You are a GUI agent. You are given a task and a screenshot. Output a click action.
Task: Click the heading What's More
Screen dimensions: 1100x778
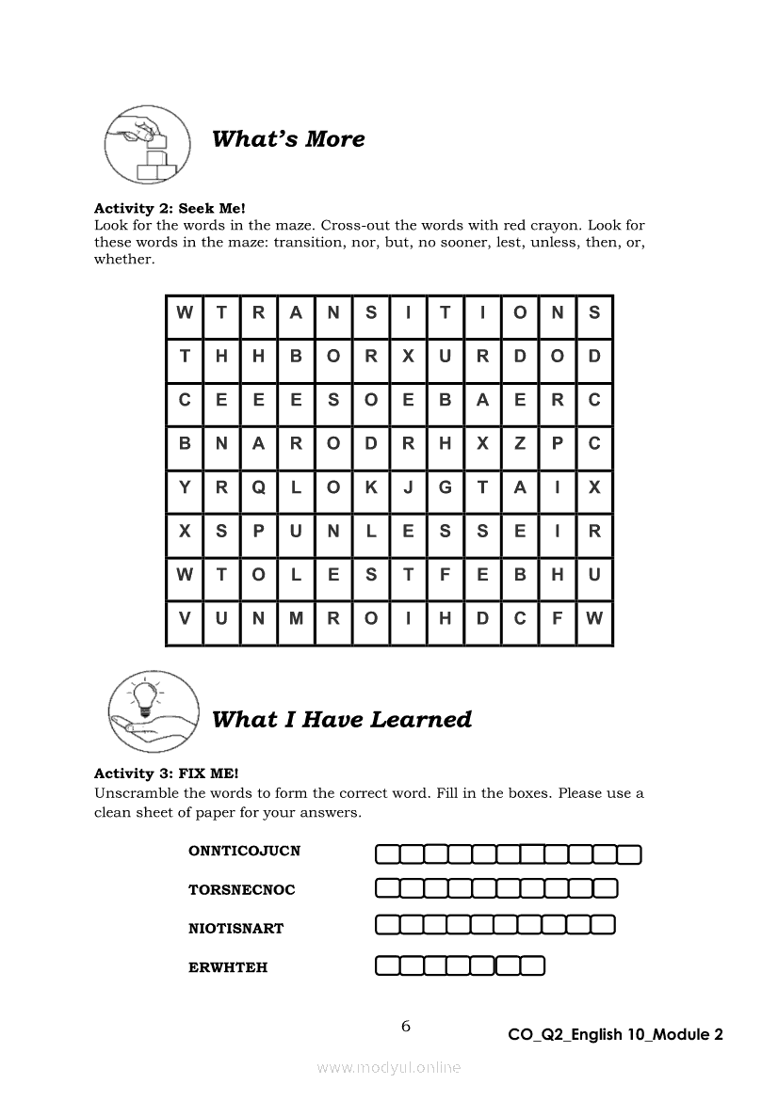[x=287, y=139]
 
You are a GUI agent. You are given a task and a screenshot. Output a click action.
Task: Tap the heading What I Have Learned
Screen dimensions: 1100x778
[x=341, y=720]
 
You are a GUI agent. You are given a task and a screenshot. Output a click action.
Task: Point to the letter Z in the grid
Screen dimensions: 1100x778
[x=520, y=443]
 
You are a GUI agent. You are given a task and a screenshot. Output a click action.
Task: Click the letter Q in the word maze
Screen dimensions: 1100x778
[x=258, y=487]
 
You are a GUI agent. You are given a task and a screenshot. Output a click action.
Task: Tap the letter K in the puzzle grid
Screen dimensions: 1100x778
[x=370, y=487]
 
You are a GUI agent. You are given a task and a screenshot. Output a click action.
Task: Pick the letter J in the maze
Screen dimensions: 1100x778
[x=408, y=487]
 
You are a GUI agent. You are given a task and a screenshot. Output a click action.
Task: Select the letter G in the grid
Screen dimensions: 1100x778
[x=446, y=487]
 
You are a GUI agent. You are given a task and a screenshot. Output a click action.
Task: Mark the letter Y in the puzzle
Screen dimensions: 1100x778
[x=185, y=487]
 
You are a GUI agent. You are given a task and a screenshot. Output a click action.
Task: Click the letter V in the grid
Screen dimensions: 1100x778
[x=185, y=619]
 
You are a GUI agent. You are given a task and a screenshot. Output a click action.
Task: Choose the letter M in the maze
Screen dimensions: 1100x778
[x=296, y=619]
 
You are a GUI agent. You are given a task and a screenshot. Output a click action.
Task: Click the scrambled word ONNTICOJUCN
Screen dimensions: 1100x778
[x=244, y=852]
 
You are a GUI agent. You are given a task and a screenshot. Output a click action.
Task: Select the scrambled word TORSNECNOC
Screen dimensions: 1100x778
[x=241, y=890]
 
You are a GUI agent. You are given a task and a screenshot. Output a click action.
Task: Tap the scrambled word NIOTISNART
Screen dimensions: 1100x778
[x=235, y=929]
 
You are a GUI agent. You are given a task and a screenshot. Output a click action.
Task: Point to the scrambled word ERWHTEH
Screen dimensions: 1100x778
[x=228, y=967]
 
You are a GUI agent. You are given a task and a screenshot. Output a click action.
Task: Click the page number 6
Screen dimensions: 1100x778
[x=406, y=1027]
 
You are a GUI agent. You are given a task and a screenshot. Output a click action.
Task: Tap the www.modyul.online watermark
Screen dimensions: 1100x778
[x=389, y=1067]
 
